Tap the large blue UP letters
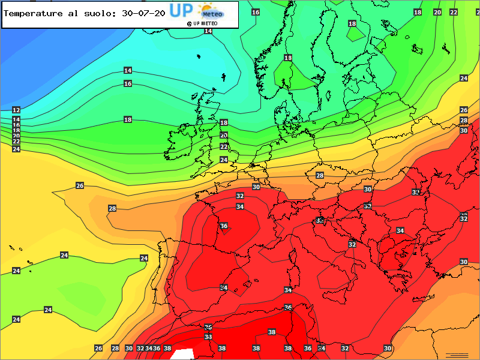[180, 10]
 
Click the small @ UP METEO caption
[202, 23]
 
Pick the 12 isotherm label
[16, 110]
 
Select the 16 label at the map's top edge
[256, 12]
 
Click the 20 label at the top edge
[437, 12]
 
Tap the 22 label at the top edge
[454, 12]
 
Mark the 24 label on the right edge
[464, 79]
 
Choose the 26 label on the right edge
[464, 110]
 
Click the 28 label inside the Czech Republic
[320, 175]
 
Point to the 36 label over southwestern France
[224, 226]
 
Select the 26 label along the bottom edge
[99, 348]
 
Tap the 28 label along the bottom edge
[115, 348]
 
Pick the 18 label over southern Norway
[288, 58]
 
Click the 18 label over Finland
[352, 23]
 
